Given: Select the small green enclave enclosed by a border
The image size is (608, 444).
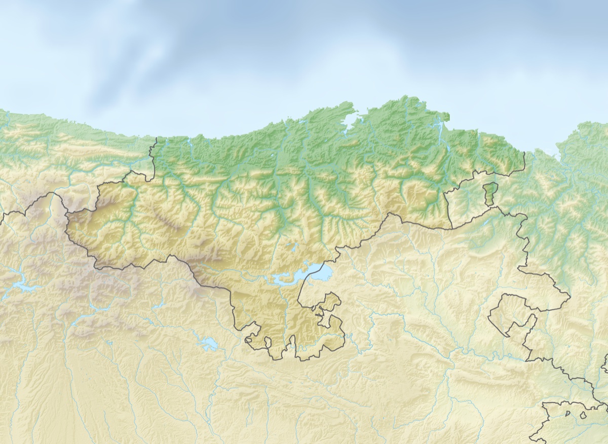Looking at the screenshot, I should click(x=490, y=194).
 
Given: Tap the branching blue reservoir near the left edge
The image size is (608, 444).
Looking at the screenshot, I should click(x=20, y=287).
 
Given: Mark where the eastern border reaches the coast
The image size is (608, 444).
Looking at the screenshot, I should click(x=524, y=152).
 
